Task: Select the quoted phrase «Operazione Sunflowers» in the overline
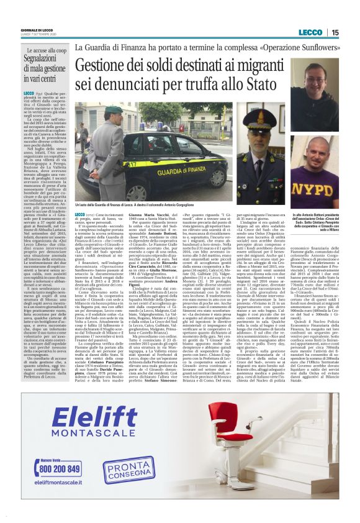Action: (289, 47)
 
